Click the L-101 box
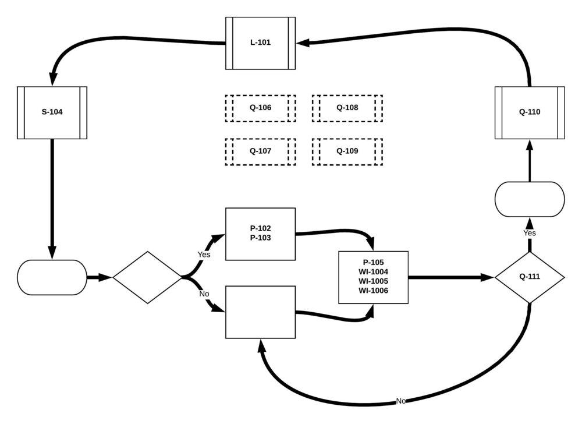260,43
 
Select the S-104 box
52,112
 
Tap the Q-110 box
529,112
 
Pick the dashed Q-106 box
260,108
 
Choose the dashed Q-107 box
260,151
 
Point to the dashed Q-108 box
347,108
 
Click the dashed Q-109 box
347,151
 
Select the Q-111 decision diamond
529,277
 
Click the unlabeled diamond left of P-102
147,277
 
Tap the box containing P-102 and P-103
260,234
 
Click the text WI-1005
373,281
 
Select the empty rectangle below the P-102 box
260,312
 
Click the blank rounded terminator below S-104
52,277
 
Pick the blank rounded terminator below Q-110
529,200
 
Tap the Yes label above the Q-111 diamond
529,233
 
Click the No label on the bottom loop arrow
400,401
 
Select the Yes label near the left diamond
204,255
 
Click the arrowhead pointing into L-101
303,43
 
